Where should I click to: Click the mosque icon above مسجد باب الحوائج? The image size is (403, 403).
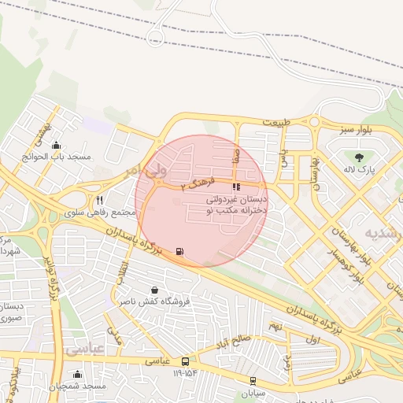pos(55,145)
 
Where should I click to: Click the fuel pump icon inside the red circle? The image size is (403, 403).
pos(181,252)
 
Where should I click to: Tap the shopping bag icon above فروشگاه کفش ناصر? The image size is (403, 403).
pos(153,290)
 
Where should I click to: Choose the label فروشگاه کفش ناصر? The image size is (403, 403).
pos(150,302)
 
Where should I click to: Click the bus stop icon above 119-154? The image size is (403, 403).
pos(185,361)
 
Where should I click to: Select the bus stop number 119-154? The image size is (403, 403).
pos(184,373)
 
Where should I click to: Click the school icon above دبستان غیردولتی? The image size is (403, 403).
pos(236,187)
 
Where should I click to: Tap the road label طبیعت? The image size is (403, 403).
pos(276,123)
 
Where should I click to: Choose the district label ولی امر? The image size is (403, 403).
pos(146,169)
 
